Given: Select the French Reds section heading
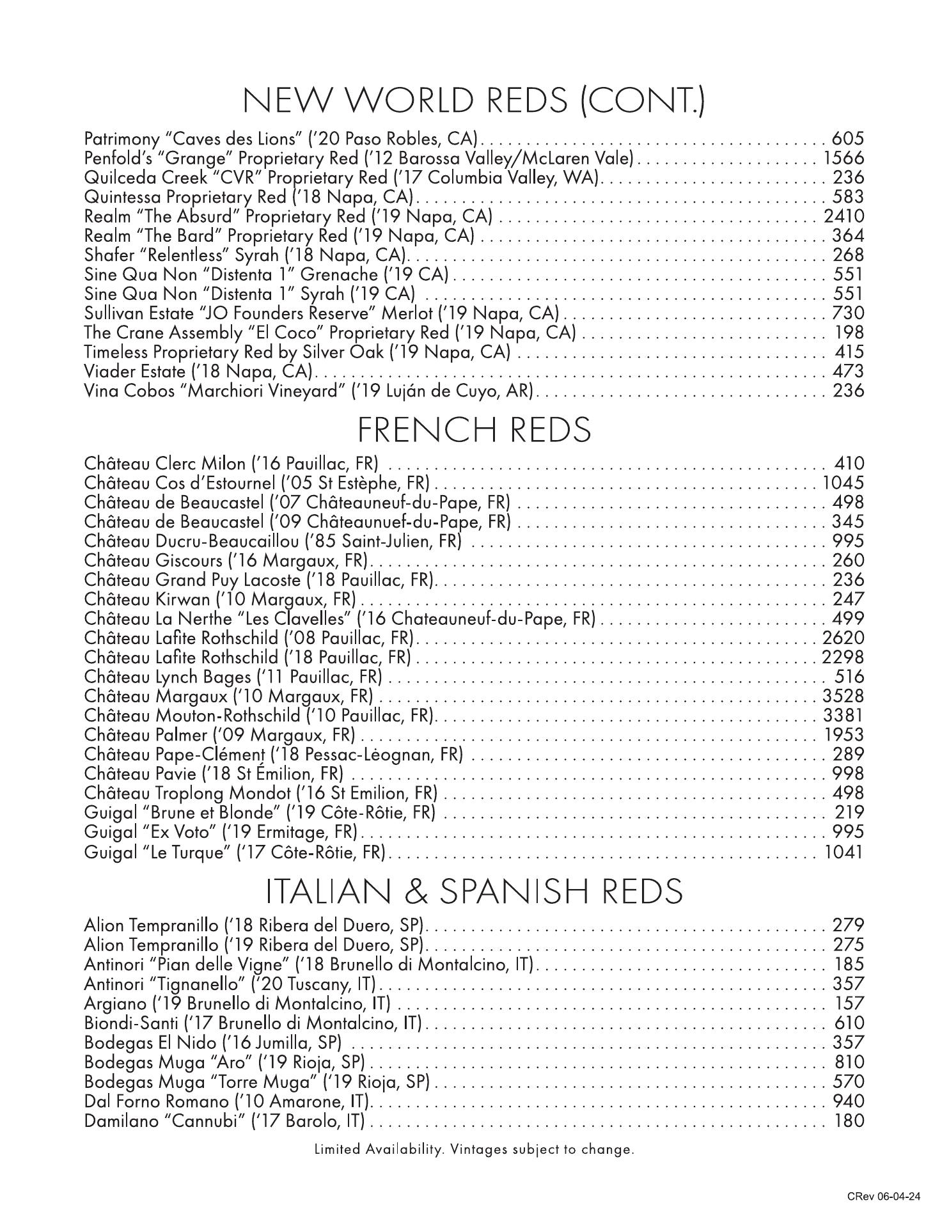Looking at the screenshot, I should pyautogui.click(x=474, y=430).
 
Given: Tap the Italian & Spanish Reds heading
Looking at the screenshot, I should pyautogui.click(x=474, y=891).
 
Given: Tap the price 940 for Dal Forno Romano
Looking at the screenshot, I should pyautogui.click(x=848, y=1101).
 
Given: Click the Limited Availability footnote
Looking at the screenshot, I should pyautogui.click(x=474, y=1149).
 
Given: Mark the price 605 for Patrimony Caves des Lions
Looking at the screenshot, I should pyautogui.click(x=848, y=139).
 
